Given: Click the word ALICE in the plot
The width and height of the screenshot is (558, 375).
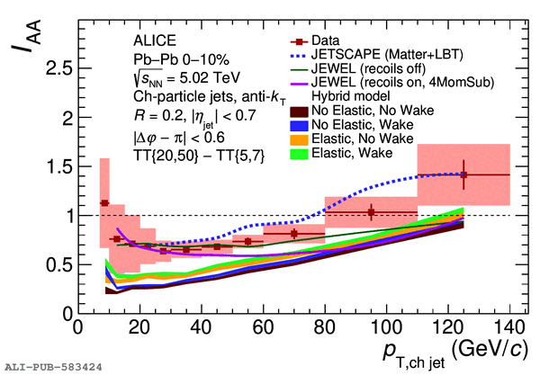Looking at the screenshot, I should pyautogui.click(x=154, y=41).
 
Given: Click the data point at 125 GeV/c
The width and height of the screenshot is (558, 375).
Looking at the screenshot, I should pyautogui.click(x=463, y=174).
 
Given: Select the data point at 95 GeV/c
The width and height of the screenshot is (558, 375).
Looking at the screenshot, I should pyautogui.click(x=371, y=212).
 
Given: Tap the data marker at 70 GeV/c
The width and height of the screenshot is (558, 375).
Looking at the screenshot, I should pyautogui.click(x=294, y=234).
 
